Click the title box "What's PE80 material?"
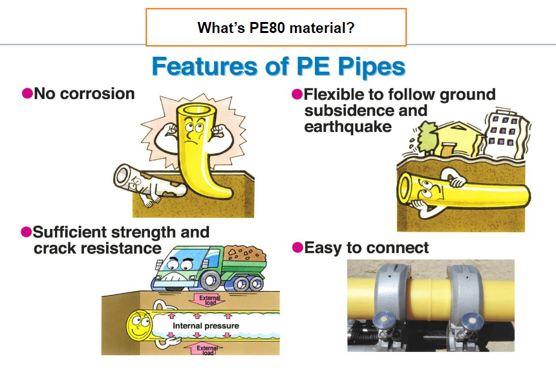[x=276, y=27]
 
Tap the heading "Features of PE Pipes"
[x=279, y=67]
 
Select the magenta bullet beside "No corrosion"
[x=27, y=94]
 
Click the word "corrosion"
[x=98, y=94]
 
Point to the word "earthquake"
[x=348, y=127]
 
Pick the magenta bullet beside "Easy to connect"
[x=297, y=247]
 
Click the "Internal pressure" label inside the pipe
[x=206, y=325]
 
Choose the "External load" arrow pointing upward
[x=205, y=349]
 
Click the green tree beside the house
[x=426, y=138]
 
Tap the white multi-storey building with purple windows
[x=506, y=134]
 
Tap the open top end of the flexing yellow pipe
[x=195, y=111]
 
